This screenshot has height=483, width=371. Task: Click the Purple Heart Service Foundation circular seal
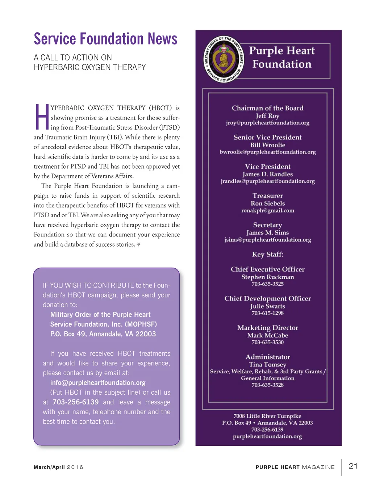tap(224, 59)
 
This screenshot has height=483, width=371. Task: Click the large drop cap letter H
tap(42, 117)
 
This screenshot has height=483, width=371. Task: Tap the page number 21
tap(353, 466)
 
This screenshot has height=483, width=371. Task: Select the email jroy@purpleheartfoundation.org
tap(267, 123)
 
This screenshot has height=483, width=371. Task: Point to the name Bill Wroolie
tap(267, 145)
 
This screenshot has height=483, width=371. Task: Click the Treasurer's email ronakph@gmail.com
tap(267, 210)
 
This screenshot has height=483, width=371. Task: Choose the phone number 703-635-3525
tap(267, 284)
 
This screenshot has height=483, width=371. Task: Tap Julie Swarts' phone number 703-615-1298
tap(267, 313)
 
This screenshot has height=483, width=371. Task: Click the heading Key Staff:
tap(267, 254)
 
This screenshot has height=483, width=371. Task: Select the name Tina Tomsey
tap(267, 365)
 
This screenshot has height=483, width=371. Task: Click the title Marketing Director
tap(267, 328)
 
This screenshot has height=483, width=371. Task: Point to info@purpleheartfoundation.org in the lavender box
tap(98, 383)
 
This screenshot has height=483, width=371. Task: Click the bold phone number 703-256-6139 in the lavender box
tap(75, 402)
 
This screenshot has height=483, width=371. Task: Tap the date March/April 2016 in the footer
tap(58, 467)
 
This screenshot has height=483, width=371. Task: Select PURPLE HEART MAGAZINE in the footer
tap(295, 467)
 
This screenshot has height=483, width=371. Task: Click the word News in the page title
tap(162, 39)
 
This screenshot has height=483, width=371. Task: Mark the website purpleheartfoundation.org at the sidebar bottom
tap(267, 436)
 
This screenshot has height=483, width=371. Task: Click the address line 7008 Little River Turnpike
tap(267, 416)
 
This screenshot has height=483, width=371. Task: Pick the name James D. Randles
tap(267, 174)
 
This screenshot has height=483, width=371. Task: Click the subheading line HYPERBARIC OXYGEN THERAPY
tap(89, 67)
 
